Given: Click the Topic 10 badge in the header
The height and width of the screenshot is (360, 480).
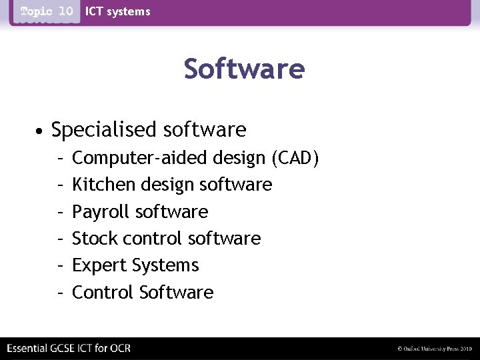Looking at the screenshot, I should click(x=47, y=11).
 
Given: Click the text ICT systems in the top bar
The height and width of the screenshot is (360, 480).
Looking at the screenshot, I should click(x=118, y=11).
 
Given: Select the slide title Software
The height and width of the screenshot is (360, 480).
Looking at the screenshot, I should click(x=244, y=69).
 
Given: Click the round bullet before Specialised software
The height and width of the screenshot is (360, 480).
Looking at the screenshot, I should click(x=41, y=130).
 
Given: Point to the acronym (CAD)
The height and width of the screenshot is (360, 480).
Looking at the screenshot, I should click(x=295, y=158).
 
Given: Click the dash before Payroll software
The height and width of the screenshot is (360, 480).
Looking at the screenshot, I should click(x=60, y=212).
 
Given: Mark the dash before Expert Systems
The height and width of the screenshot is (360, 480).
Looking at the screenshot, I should click(x=60, y=265).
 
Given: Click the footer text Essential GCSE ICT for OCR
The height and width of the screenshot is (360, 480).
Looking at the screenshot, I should click(x=69, y=349).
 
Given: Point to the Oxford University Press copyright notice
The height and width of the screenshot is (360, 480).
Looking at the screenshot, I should click(x=434, y=349).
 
